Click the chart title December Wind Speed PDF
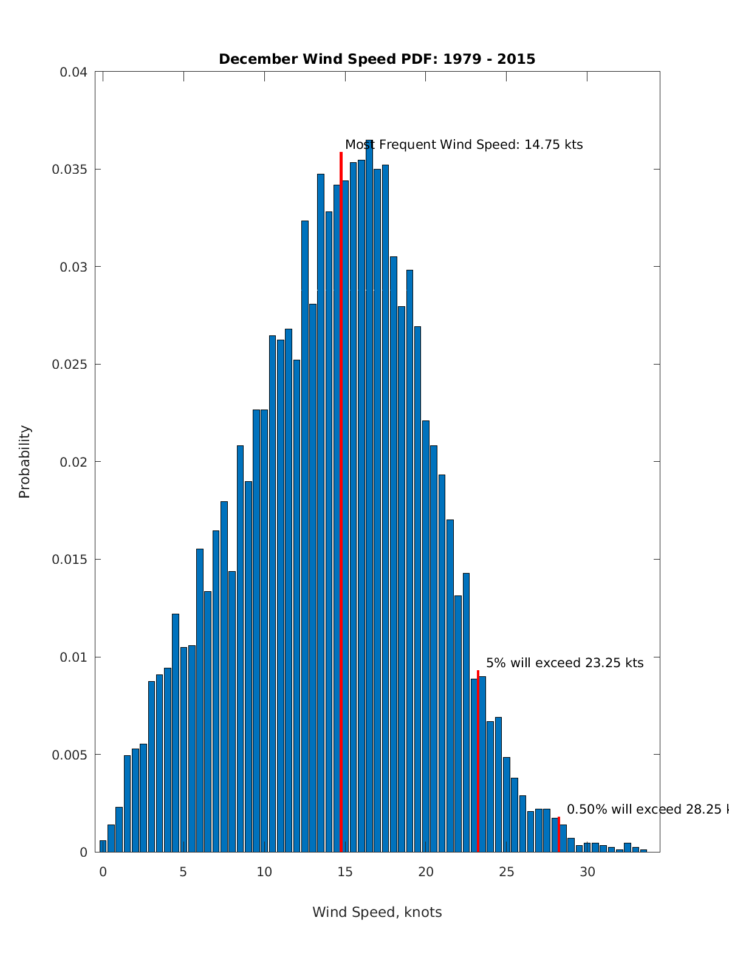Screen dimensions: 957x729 377,60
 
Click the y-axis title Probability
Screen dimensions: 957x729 25,462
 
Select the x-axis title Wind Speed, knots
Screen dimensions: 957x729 377,912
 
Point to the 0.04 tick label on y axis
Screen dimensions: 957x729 74,72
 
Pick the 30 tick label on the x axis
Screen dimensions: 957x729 587,872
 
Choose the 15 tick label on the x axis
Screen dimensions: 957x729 345,872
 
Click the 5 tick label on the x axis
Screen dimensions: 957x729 183,872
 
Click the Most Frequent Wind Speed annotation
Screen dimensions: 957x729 464,145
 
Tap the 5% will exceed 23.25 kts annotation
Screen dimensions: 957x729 564,663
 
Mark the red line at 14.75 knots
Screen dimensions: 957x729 341,486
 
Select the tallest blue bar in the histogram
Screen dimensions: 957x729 369,486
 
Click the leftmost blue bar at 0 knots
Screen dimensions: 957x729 103,846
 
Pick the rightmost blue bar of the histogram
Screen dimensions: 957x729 643,851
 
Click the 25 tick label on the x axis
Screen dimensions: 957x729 507,872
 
